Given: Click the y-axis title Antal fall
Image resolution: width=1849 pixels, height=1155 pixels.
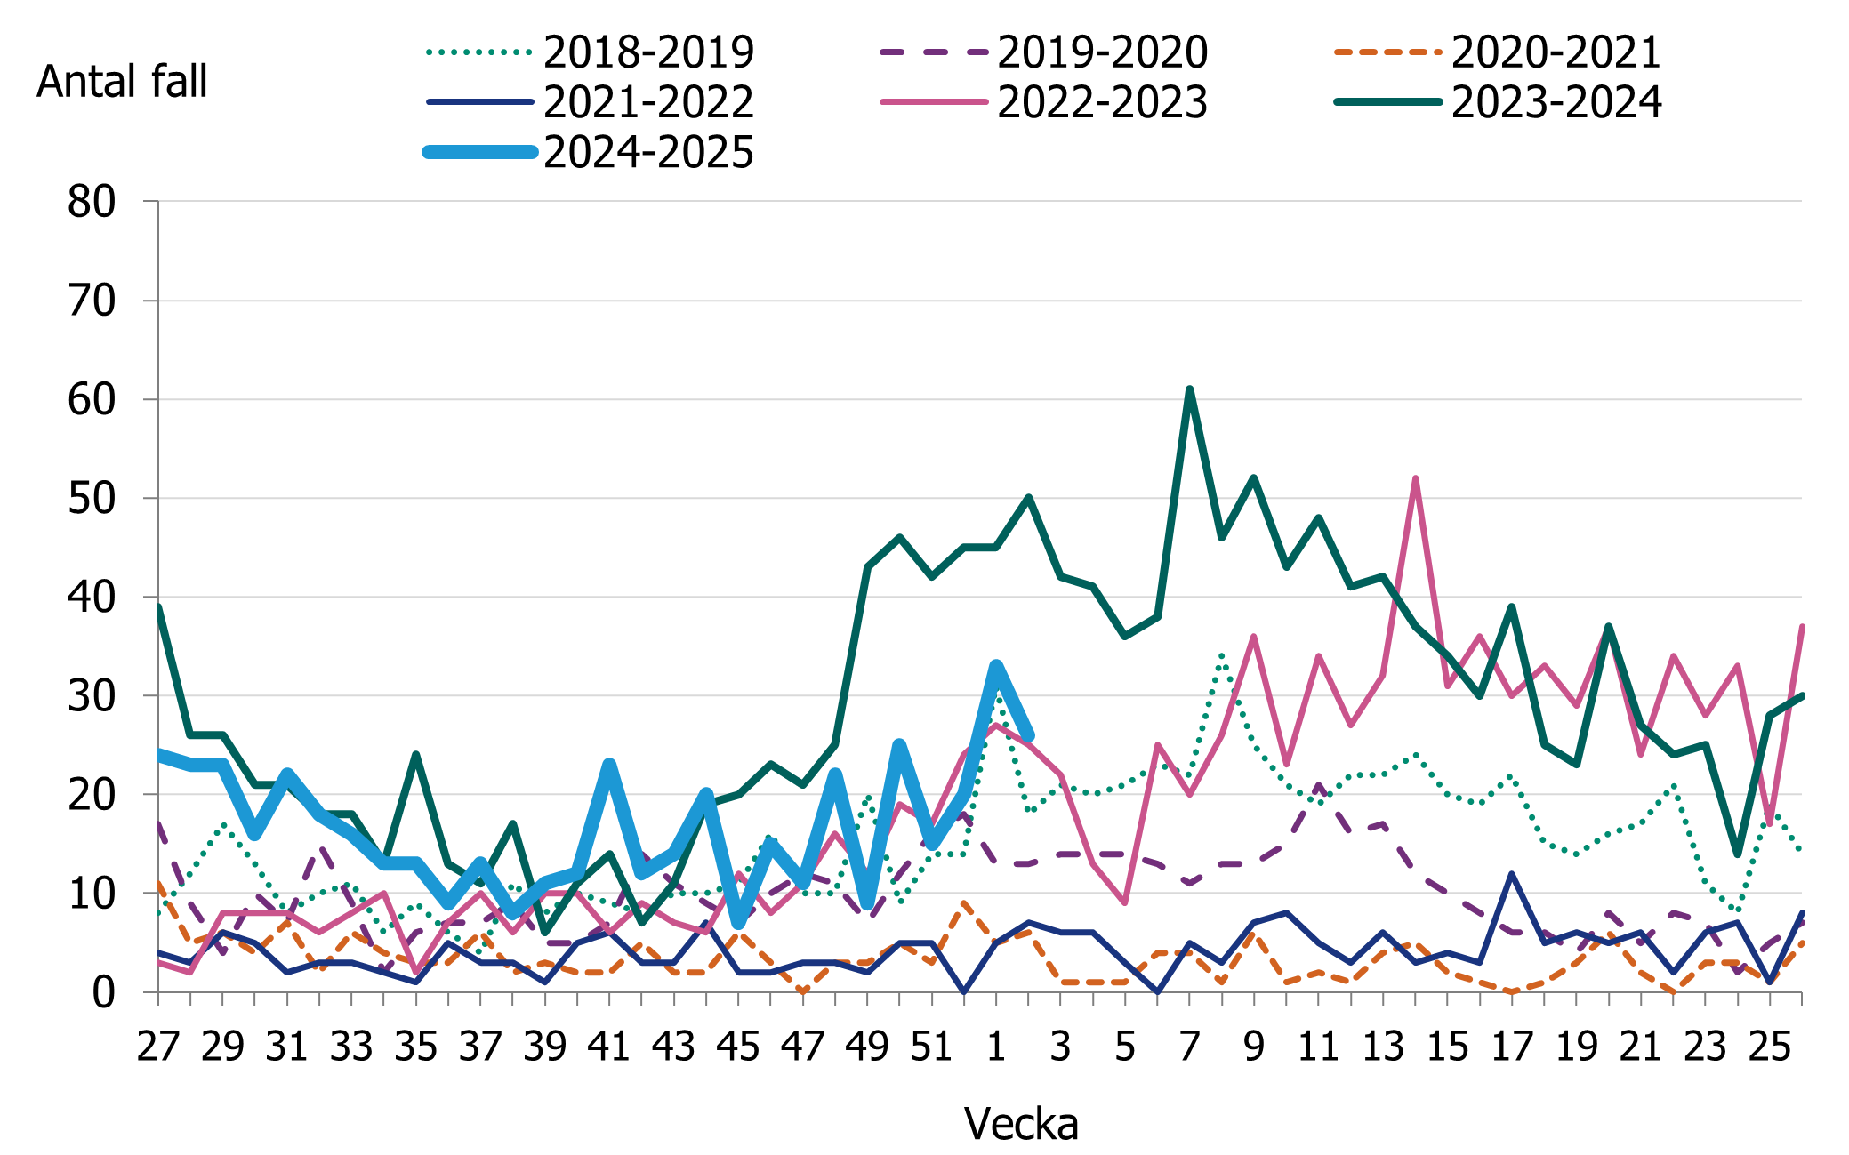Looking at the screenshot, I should pyautogui.click(x=122, y=82).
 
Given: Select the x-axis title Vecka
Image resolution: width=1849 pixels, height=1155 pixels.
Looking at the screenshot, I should pyautogui.click(x=1021, y=1124).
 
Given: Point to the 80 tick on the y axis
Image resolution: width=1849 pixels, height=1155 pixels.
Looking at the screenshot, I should pyautogui.click(x=92, y=203).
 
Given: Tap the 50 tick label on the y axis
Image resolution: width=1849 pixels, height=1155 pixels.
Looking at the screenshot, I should pyautogui.click(x=92, y=499).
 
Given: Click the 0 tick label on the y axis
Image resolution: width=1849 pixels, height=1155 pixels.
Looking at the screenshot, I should pyautogui.click(x=104, y=992).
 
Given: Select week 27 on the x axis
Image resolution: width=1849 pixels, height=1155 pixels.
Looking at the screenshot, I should pyautogui.click(x=158, y=1047).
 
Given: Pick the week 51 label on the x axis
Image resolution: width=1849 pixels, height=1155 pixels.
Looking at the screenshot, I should pyautogui.click(x=932, y=1047).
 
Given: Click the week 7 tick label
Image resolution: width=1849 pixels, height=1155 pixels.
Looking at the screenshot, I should pyautogui.click(x=1189, y=1047).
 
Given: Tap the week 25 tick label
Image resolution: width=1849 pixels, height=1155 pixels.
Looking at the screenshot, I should pyautogui.click(x=1769, y=1047).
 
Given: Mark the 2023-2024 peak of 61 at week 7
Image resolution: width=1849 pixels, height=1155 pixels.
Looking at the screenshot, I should pyautogui.click(x=1189, y=389).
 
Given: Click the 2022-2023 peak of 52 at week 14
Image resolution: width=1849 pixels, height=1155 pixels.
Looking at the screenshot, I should pyautogui.click(x=1415, y=478).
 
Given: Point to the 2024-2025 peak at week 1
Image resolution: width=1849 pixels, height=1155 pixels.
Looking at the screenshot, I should pyautogui.click(x=996, y=665).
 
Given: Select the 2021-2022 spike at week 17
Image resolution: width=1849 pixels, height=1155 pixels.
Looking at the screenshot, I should pyautogui.click(x=1511, y=874).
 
